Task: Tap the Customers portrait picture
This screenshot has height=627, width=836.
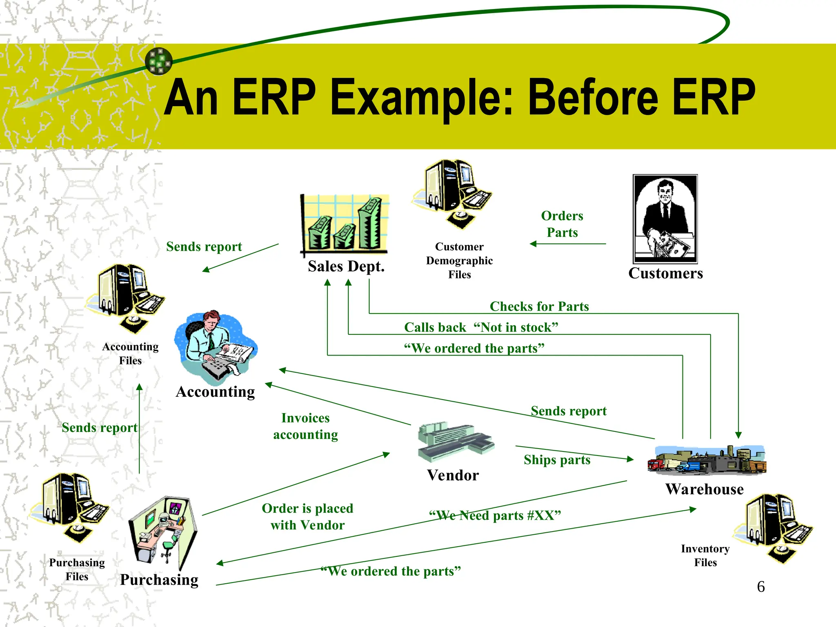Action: click(x=665, y=219)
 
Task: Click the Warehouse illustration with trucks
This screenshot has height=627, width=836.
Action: click(x=707, y=460)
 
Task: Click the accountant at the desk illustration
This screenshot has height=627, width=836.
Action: click(x=215, y=347)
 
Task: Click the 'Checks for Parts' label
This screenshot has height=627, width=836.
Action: click(x=539, y=306)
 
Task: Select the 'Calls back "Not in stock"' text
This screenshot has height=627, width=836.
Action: click(x=481, y=327)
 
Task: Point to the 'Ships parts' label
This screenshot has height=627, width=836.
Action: click(x=557, y=460)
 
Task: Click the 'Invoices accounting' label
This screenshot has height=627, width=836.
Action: click(x=305, y=426)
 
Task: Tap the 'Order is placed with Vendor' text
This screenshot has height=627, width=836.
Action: click(x=307, y=516)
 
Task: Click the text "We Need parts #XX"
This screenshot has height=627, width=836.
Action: click(x=495, y=516)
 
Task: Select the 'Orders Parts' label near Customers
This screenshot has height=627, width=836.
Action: click(x=562, y=224)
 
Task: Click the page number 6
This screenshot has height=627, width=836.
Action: click(x=760, y=587)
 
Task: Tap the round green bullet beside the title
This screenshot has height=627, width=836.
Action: click(x=159, y=61)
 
